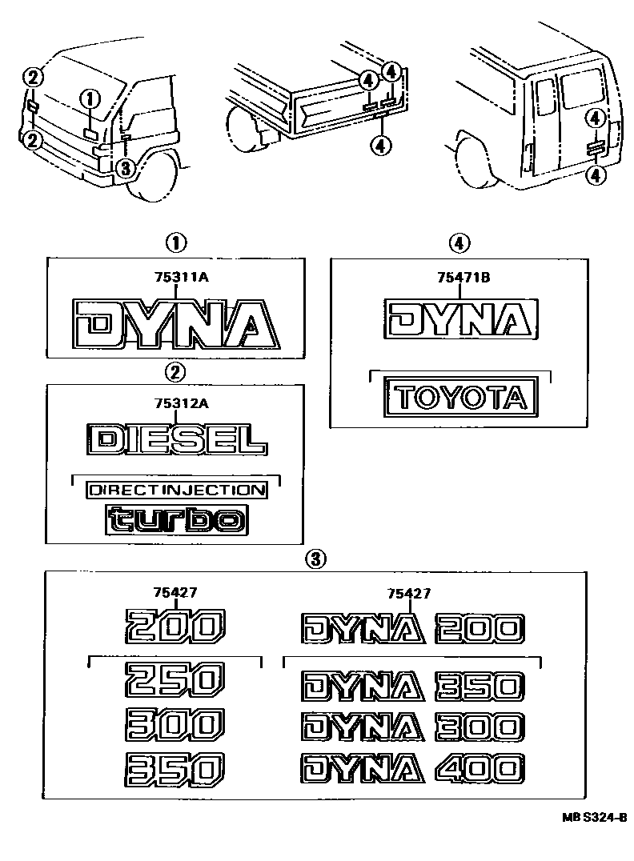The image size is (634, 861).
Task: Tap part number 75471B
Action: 463,277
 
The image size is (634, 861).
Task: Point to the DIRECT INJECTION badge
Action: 175,489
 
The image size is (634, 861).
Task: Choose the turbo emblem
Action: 176,520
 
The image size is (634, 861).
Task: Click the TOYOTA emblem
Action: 460,398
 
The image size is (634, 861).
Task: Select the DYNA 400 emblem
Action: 412,769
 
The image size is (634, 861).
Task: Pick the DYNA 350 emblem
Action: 412,686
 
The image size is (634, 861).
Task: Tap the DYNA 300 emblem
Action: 412,727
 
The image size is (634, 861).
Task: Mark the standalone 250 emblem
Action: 172,682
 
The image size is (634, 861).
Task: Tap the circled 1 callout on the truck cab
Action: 90,99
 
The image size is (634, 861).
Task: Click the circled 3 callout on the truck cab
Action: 125,167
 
